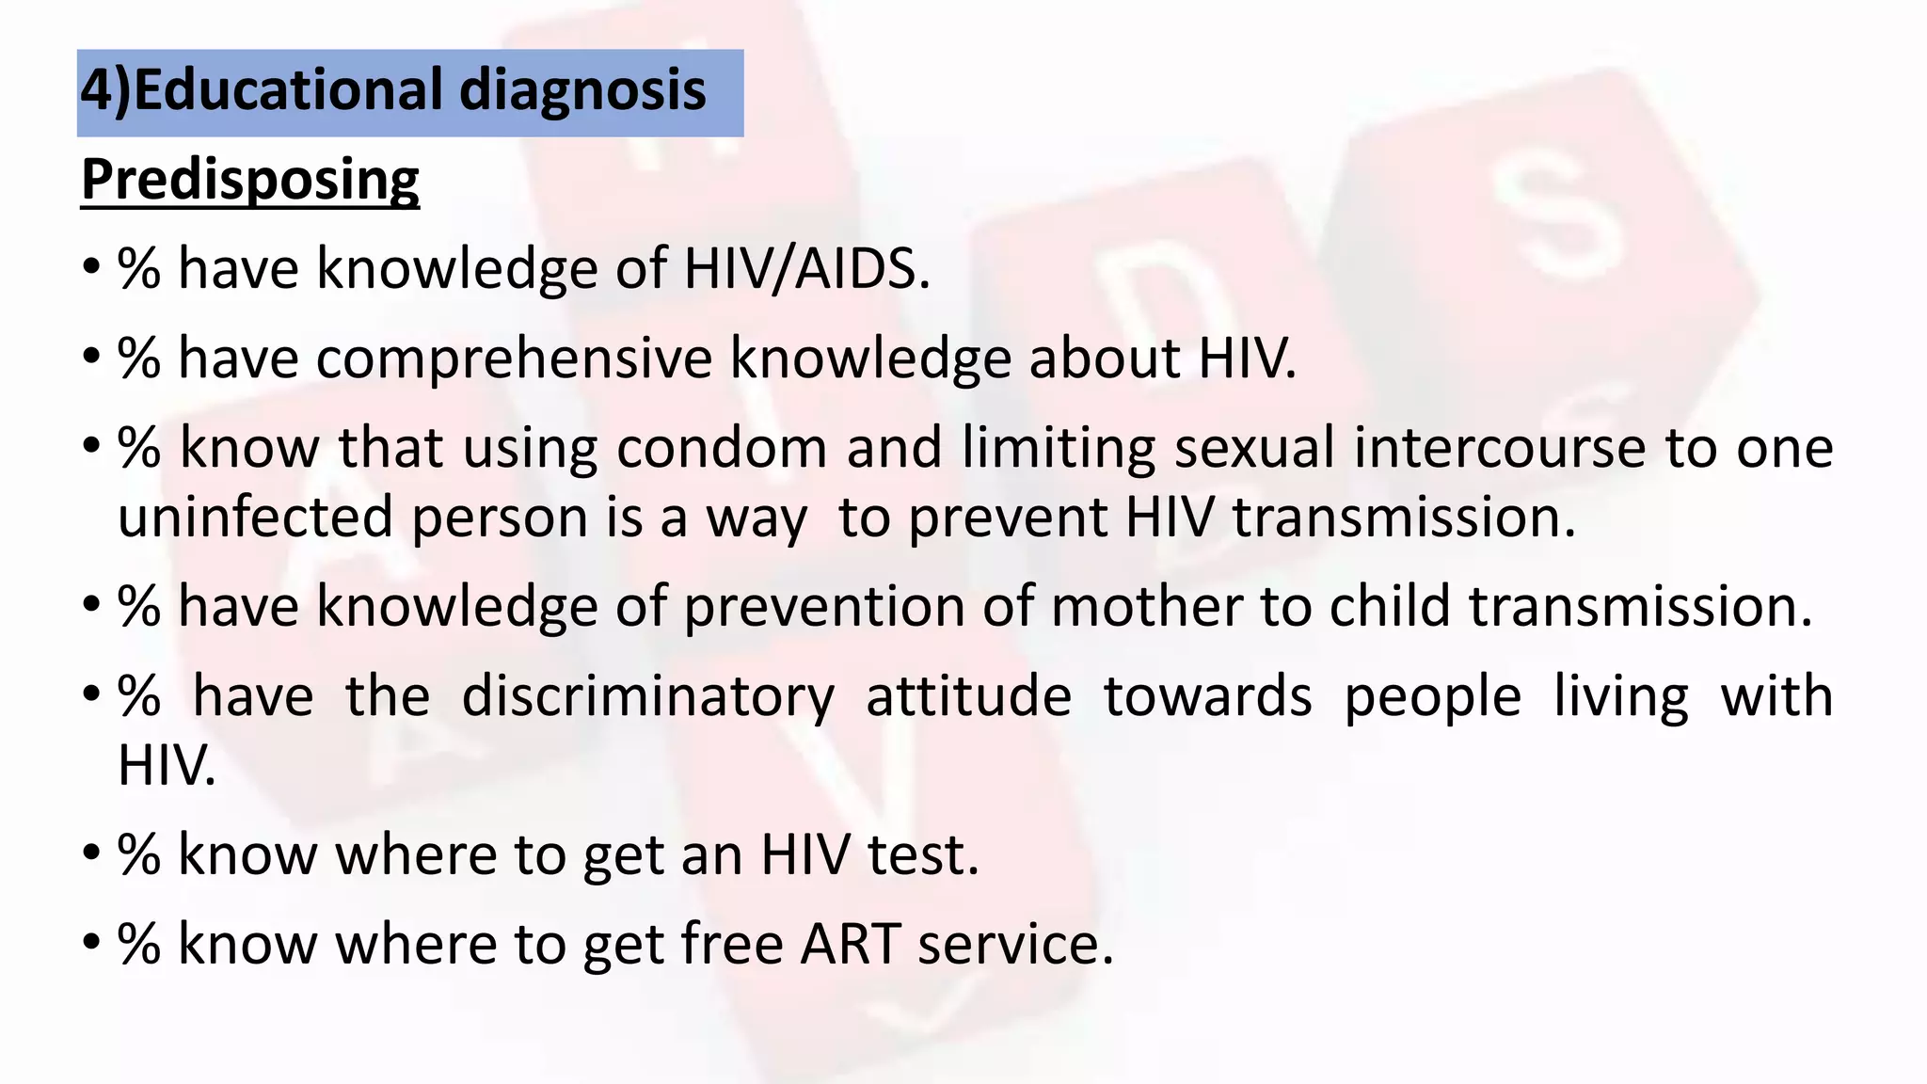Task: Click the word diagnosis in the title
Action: [x=582, y=91]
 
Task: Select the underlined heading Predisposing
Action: [x=250, y=179]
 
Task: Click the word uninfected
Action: [x=255, y=518]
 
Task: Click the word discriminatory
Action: [x=648, y=696]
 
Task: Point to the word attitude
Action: [x=968, y=696]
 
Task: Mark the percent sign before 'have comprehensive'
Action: [x=139, y=359]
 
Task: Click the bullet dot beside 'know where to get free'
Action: [x=90, y=942]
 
